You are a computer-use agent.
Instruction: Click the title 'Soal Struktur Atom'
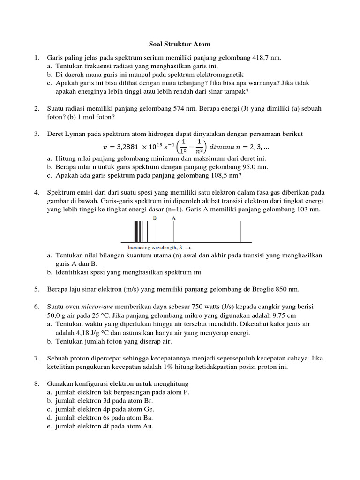(180, 45)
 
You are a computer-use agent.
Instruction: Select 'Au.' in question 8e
(148, 426)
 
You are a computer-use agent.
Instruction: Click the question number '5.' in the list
(37, 289)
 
